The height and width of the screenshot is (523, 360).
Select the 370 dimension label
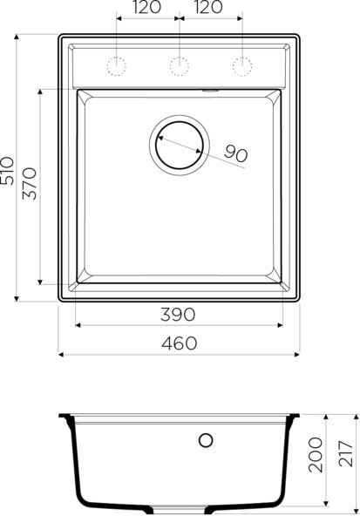click(x=30, y=184)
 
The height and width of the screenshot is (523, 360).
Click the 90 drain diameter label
click(x=235, y=153)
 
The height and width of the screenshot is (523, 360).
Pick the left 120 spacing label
click(x=147, y=10)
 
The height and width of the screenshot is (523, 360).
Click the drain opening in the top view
click(x=180, y=143)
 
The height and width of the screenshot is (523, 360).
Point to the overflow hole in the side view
click(x=207, y=439)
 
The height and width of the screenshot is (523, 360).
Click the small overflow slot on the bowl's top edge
click(x=209, y=89)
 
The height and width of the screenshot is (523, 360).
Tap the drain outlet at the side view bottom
click(x=179, y=507)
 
